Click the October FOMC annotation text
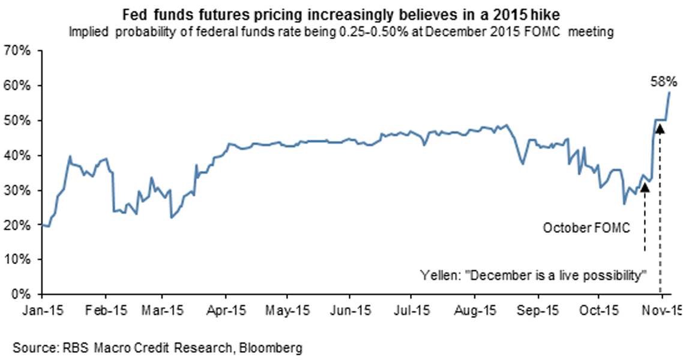click(x=579, y=228)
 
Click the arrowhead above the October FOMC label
click(x=645, y=187)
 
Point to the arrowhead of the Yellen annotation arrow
click(x=660, y=127)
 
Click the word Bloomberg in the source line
click(x=273, y=347)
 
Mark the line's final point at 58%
click(x=669, y=92)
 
